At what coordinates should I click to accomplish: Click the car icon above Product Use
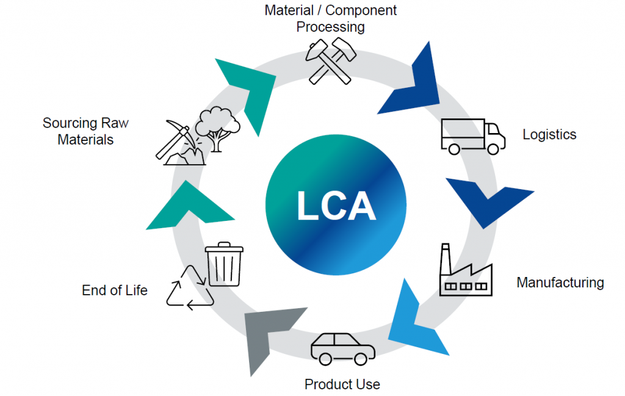click(x=342, y=347)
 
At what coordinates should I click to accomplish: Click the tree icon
click(x=217, y=129)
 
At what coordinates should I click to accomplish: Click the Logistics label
click(x=549, y=135)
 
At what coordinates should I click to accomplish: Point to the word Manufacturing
click(x=560, y=283)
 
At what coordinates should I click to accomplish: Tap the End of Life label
click(x=115, y=290)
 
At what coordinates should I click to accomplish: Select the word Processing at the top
click(x=331, y=27)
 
